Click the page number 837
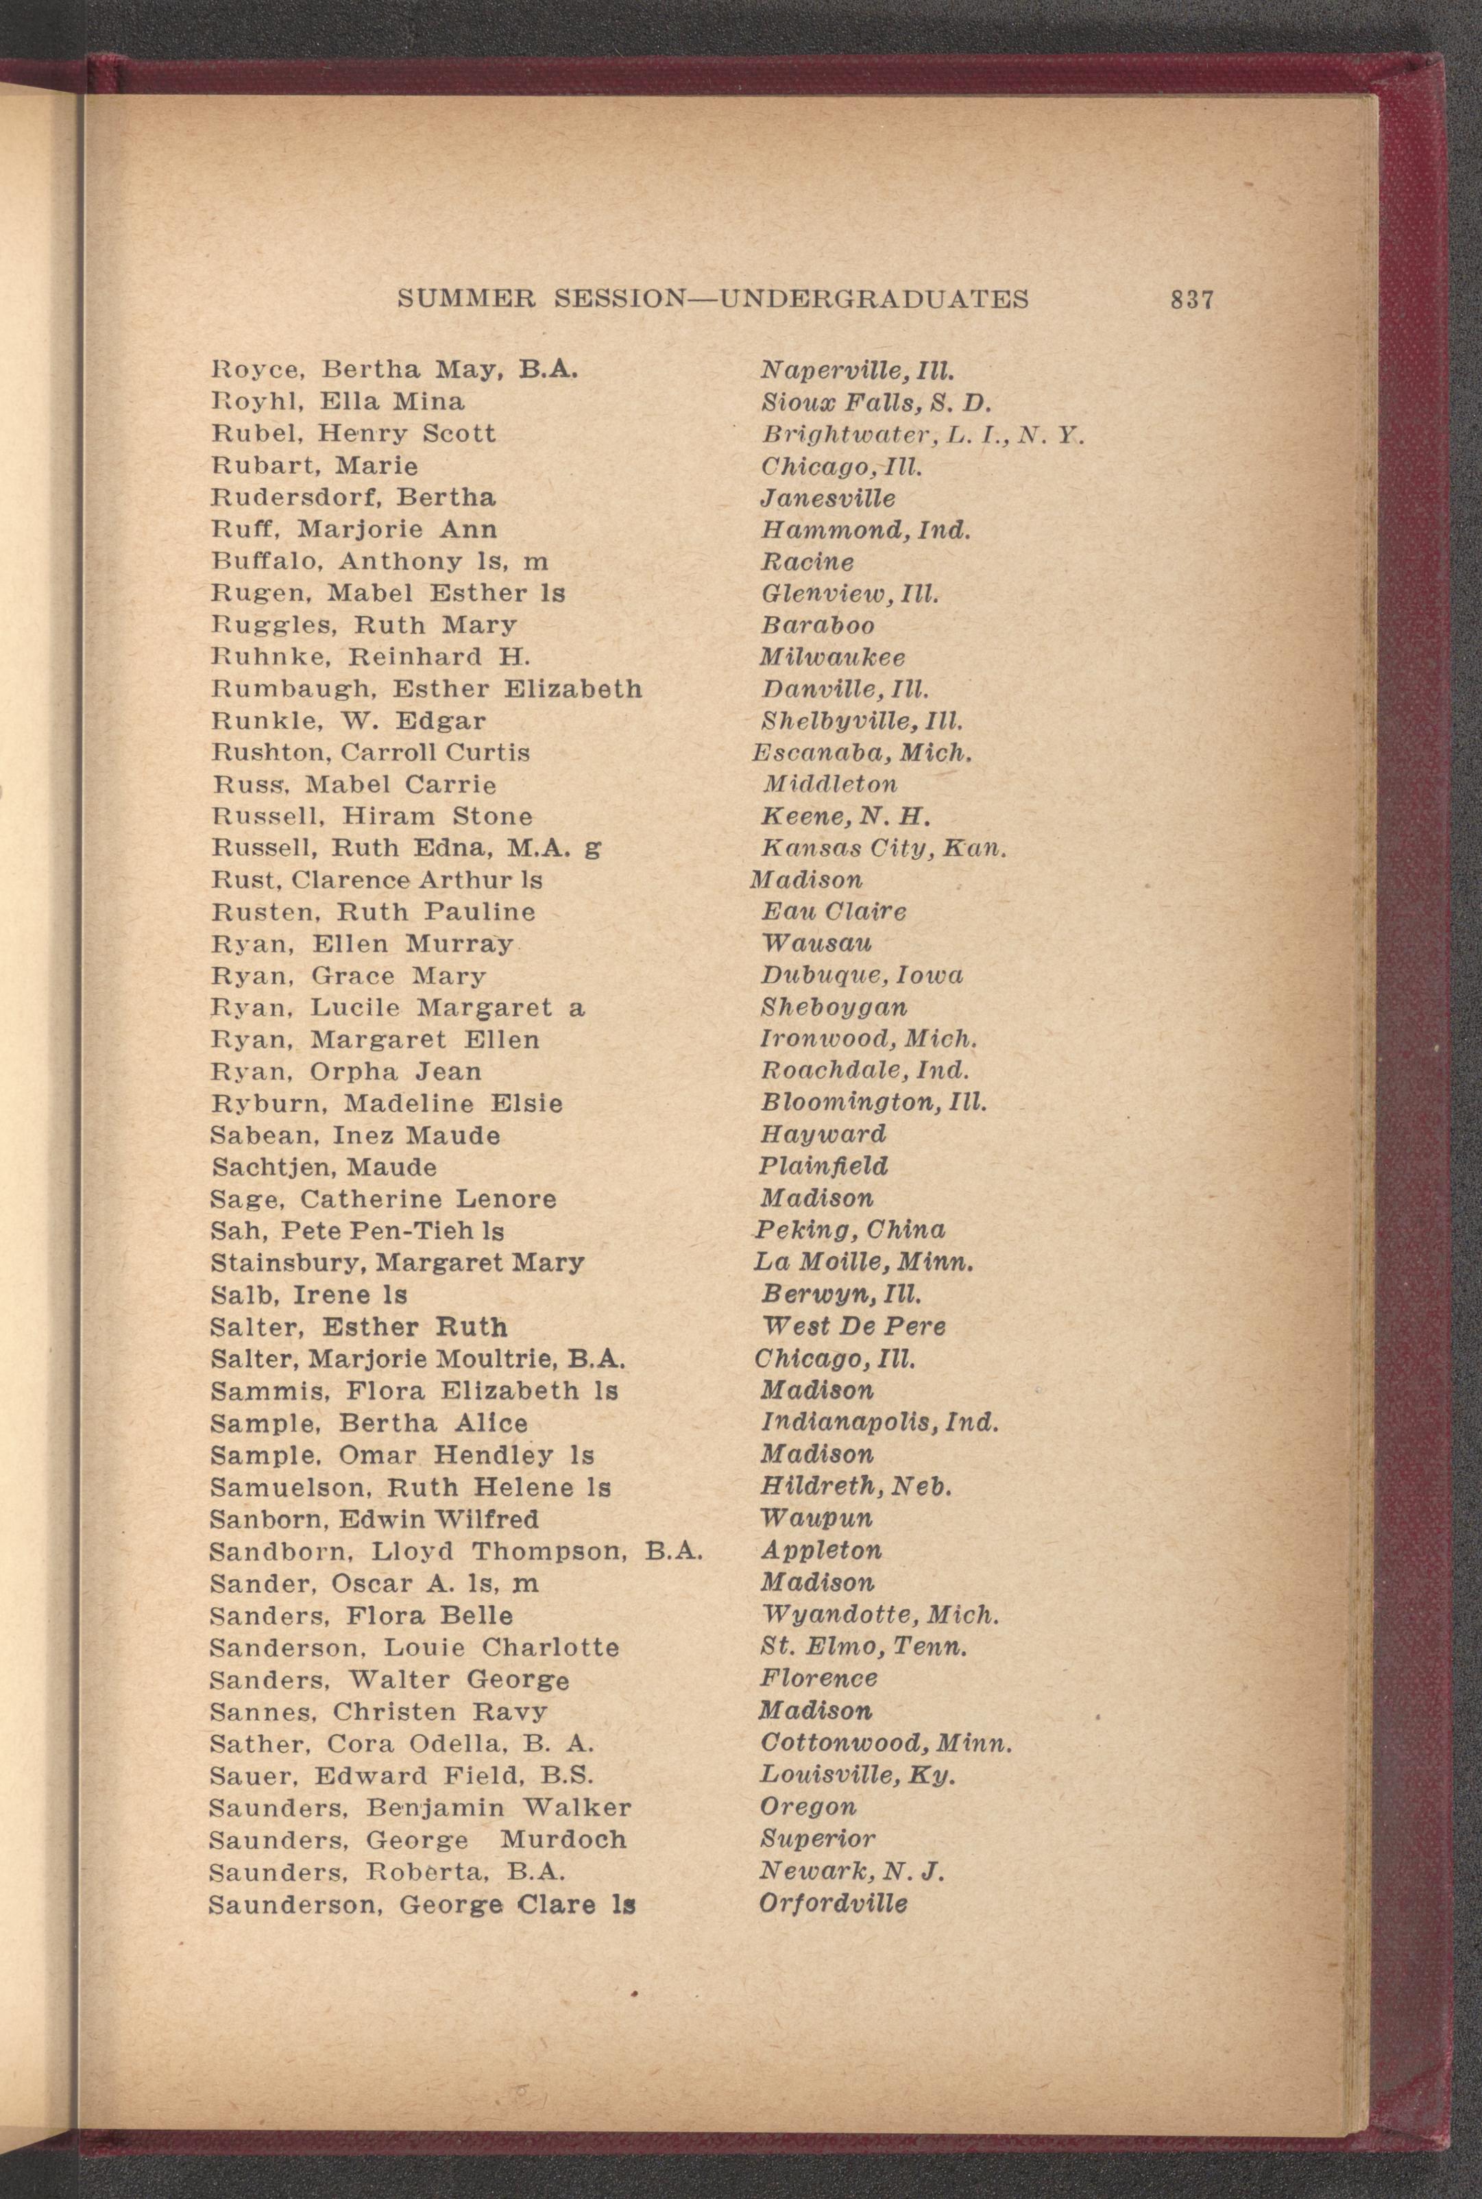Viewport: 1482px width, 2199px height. click(1191, 300)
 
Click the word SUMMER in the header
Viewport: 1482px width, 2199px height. click(467, 300)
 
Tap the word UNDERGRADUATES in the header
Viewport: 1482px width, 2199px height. click(874, 300)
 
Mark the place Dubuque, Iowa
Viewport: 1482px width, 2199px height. click(862, 975)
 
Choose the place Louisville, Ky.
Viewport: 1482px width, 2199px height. click(858, 1775)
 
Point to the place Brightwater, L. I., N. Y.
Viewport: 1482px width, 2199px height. click(921, 435)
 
